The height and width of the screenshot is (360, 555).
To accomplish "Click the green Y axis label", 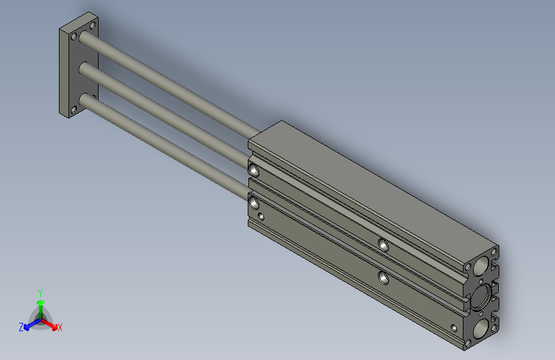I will pyautogui.click(x=40, y=291).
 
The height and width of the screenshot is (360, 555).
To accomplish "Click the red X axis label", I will pyautogui.click(x=60, y=328).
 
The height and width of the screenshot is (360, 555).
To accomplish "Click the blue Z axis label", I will pyautogui.click(x=21, y=327).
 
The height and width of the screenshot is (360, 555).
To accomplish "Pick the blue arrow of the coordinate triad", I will pyautogui.click(x=29, y=324).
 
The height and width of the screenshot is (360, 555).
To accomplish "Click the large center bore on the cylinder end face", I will pyautogui.click(x=481, y=295).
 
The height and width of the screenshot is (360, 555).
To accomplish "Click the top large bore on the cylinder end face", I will pyautogui.click(x=482, y=265).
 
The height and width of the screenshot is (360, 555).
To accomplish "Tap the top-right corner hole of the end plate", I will pyautogui.click(x=93, y=25).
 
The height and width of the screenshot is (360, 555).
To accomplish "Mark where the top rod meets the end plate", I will pyautogui.click(x=86, y=38).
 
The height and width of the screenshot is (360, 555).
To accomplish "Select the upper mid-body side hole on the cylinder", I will pyautogui.click(x=383, y=244).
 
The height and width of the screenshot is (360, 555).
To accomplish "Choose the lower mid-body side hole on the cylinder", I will pyautogui.click(x=383, y=277).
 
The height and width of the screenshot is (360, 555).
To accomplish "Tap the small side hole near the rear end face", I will pyautogui.click(x=454, y=328).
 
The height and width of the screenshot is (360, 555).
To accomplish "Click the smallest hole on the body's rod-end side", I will pyautogui.click(x=261, y=217).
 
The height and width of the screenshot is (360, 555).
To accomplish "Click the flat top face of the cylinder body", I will pyautogui.click(x=371, y=186).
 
